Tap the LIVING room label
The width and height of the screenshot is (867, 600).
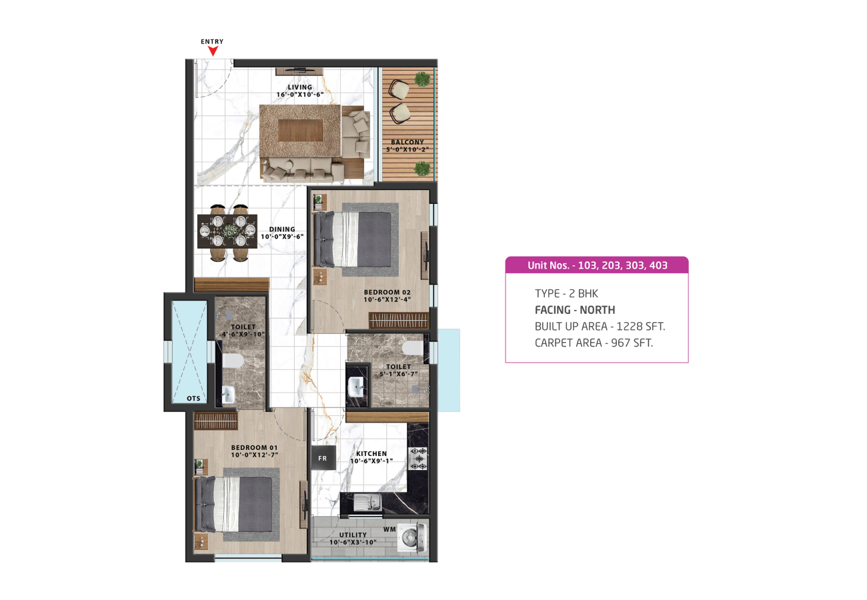coord(300,87)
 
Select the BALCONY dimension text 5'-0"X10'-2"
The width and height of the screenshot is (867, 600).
coord(407,149)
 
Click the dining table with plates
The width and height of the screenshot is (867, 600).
coord(227,231)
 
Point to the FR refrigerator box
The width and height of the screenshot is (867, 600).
coord(323,458)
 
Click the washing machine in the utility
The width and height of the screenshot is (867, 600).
coord(413,537)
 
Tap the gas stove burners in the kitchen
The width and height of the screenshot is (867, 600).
coord(417,459)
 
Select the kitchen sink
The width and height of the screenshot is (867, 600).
coord(367,502)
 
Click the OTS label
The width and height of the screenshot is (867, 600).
coord(193,399)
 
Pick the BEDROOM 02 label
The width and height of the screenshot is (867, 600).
coord(387,293)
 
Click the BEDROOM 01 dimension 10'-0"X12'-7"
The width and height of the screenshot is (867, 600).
coord(255,455)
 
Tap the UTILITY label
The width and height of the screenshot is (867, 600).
coord(353,535)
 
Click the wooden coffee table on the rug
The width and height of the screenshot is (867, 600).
coord(300,130)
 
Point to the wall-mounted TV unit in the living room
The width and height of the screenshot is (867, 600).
coord(299,71)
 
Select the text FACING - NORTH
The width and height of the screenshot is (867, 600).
coord(575,310)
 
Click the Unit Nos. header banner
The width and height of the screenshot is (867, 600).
coord(597,265)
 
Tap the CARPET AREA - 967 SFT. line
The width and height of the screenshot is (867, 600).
coord(594,343)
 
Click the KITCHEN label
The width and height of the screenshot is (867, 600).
coord(371,454)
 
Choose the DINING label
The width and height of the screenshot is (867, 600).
coord(282,229)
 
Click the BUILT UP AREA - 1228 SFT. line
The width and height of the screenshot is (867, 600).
coord(600,327)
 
